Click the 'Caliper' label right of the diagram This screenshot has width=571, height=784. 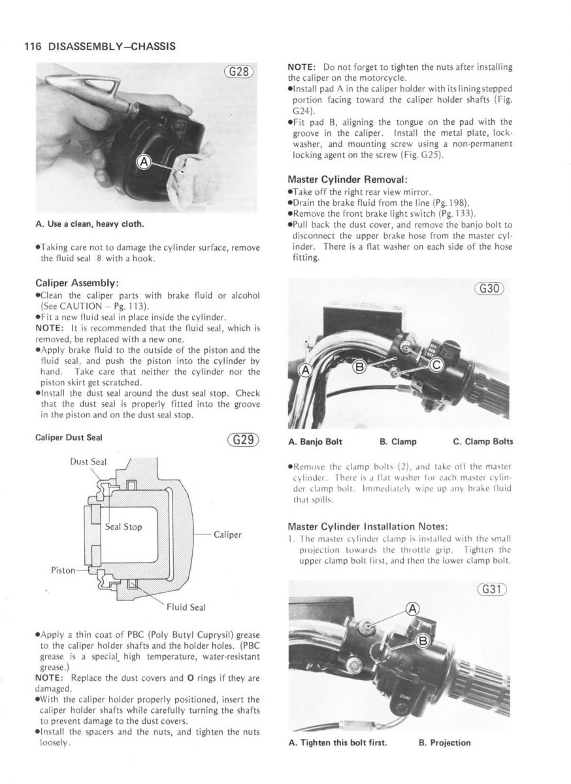pyautogui.click(x=228, y=534)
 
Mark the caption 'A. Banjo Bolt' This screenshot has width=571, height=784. pyautogui.click(x=316, y=442)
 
